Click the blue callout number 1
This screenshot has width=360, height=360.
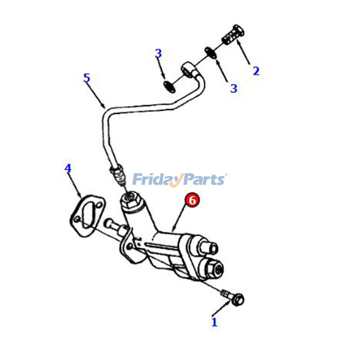[214, 322]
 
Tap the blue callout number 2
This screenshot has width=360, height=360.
[256, 71]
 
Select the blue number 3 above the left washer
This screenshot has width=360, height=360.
[158, 54]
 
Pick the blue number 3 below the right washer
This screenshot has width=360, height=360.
[234, 88]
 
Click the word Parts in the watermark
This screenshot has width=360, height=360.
[205, 180]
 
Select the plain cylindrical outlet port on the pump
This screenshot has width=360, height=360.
[208, 248]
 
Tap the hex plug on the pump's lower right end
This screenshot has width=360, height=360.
[215, 270]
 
